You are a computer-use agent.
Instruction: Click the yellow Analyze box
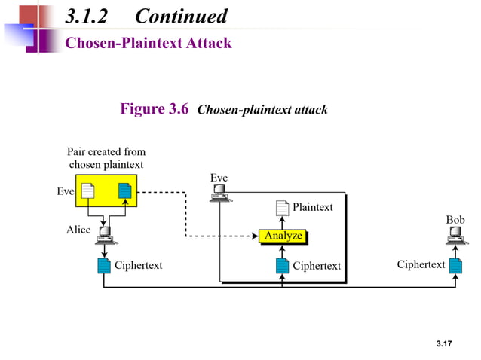point(283,236)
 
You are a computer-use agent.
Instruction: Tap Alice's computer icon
point(104,236)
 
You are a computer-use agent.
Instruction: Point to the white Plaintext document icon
point(282,209)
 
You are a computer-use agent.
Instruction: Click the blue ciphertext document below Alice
point(104,266)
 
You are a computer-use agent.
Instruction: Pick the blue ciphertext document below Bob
point(455,265)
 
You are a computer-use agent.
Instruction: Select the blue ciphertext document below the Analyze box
point(282,266)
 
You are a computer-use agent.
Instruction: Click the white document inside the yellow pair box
point(88,191)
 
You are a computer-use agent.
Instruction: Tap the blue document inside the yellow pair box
point(124,191)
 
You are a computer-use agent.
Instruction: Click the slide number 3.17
point(443,344)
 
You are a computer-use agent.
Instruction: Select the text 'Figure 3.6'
point(155,110)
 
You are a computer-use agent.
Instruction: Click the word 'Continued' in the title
point(181,16)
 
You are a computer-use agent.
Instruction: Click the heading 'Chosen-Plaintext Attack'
point(149,43)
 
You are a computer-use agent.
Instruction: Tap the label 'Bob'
point(455,220)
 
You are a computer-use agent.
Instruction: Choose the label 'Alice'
point(78,230)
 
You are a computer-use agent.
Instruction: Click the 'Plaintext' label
point(312,207)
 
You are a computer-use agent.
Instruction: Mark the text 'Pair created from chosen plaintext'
point(106,158)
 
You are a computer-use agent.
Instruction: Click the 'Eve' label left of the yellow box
point(66,191)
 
